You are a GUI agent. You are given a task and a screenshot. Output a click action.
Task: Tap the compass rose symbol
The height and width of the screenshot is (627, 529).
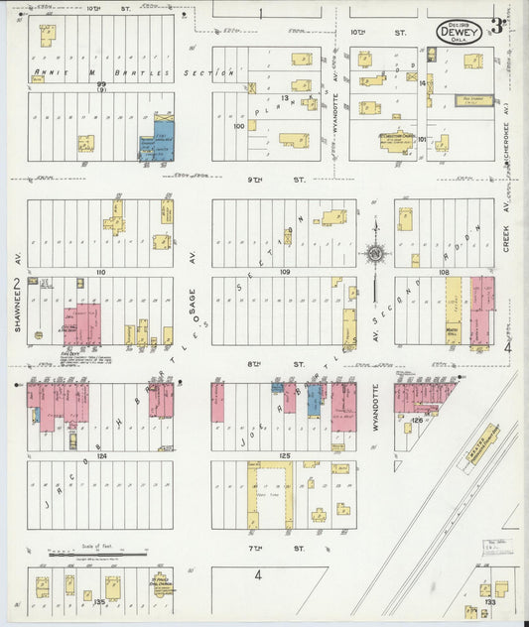tap(375, 253)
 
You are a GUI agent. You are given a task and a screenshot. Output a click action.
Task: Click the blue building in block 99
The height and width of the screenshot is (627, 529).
tap(157, 141)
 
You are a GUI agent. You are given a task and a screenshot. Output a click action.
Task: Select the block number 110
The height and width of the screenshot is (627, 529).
tap(99, 271)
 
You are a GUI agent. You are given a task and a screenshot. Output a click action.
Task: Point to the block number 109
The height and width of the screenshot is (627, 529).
tap(284, 271)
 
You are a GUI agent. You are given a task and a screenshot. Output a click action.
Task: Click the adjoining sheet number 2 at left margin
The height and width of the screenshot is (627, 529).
tap(16, 287)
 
